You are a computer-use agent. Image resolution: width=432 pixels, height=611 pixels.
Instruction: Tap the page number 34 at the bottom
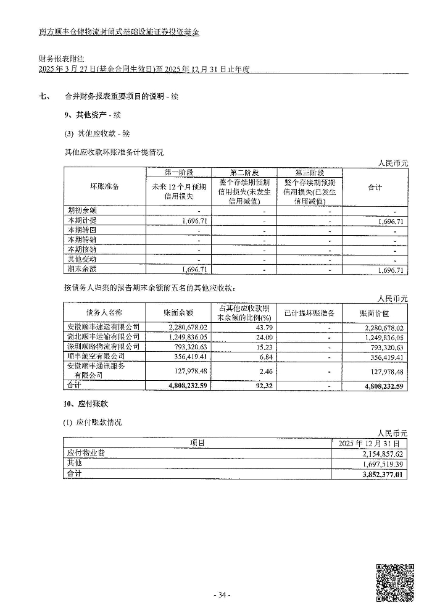(221, 595)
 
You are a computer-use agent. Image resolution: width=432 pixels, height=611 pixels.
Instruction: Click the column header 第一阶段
(178, 173)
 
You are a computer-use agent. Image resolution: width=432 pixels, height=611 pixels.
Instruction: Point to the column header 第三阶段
(309, 173)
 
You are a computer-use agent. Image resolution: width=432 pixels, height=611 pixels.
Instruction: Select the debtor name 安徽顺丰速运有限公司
(104, 326)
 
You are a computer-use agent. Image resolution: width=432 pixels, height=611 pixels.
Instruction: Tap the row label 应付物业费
(86, 453)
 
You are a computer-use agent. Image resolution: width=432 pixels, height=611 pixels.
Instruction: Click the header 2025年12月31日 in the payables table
(370, 443)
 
